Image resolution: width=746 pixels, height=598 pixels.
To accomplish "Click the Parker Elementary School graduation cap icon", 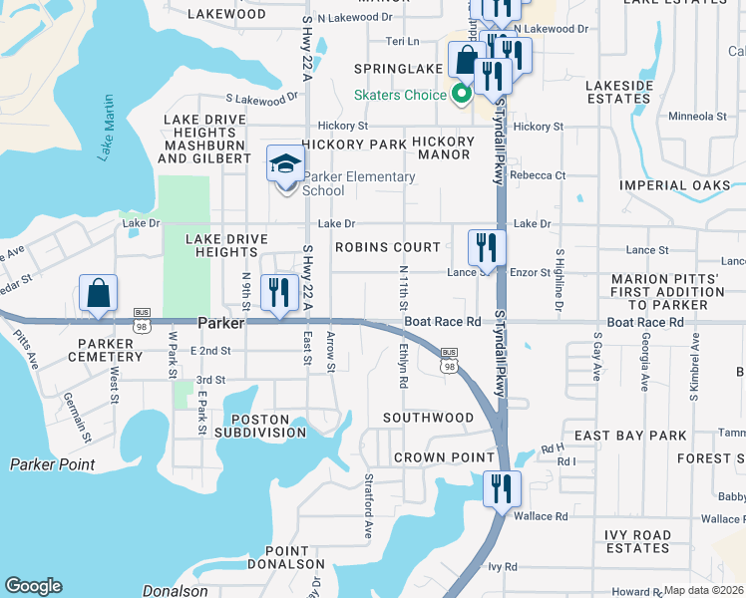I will pos(285,163).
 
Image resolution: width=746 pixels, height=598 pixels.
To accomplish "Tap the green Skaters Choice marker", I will pos(461,95).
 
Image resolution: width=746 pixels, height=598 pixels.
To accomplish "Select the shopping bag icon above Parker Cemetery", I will pos(98,294).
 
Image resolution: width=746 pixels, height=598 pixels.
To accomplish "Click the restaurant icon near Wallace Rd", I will pos(501,488).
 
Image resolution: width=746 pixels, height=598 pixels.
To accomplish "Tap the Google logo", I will pos(33,586).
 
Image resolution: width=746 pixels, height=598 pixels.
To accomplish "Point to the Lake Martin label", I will pos(107,128).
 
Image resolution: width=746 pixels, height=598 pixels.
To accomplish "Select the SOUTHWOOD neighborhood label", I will pos(428,417).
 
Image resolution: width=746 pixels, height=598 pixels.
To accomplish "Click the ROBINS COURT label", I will pos(387,247).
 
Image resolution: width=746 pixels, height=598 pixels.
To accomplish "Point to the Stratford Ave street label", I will pos(368,517).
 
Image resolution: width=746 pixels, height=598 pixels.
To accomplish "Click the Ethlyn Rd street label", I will pos(403,367).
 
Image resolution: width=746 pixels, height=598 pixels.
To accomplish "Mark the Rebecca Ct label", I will pos(537,175).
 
